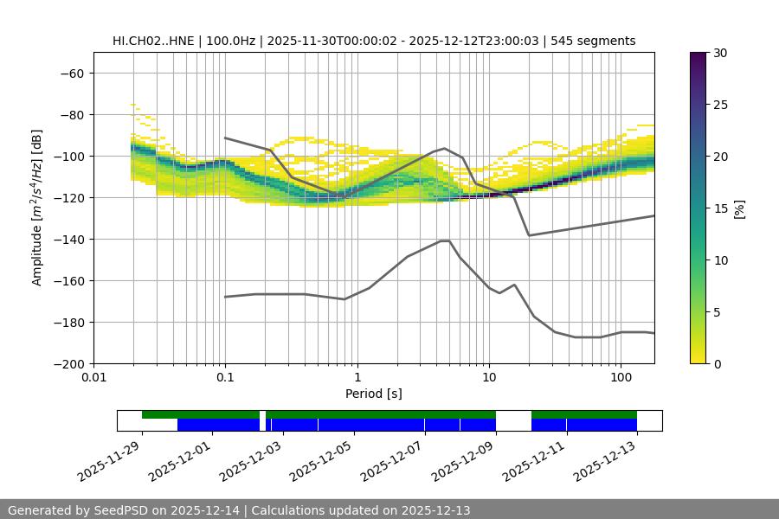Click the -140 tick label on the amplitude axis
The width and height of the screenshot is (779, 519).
[x=70, y=240]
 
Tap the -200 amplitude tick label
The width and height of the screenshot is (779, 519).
[x=70, y=364]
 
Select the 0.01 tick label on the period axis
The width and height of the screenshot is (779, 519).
[x=93, y=378]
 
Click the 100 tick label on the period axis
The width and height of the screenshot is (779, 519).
[x=621, y=378]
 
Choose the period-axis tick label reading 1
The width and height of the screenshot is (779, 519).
[x=357, y=378]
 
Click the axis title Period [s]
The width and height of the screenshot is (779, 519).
[x=373, y=394]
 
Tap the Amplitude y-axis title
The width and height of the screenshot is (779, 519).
[x=37, y=208]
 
